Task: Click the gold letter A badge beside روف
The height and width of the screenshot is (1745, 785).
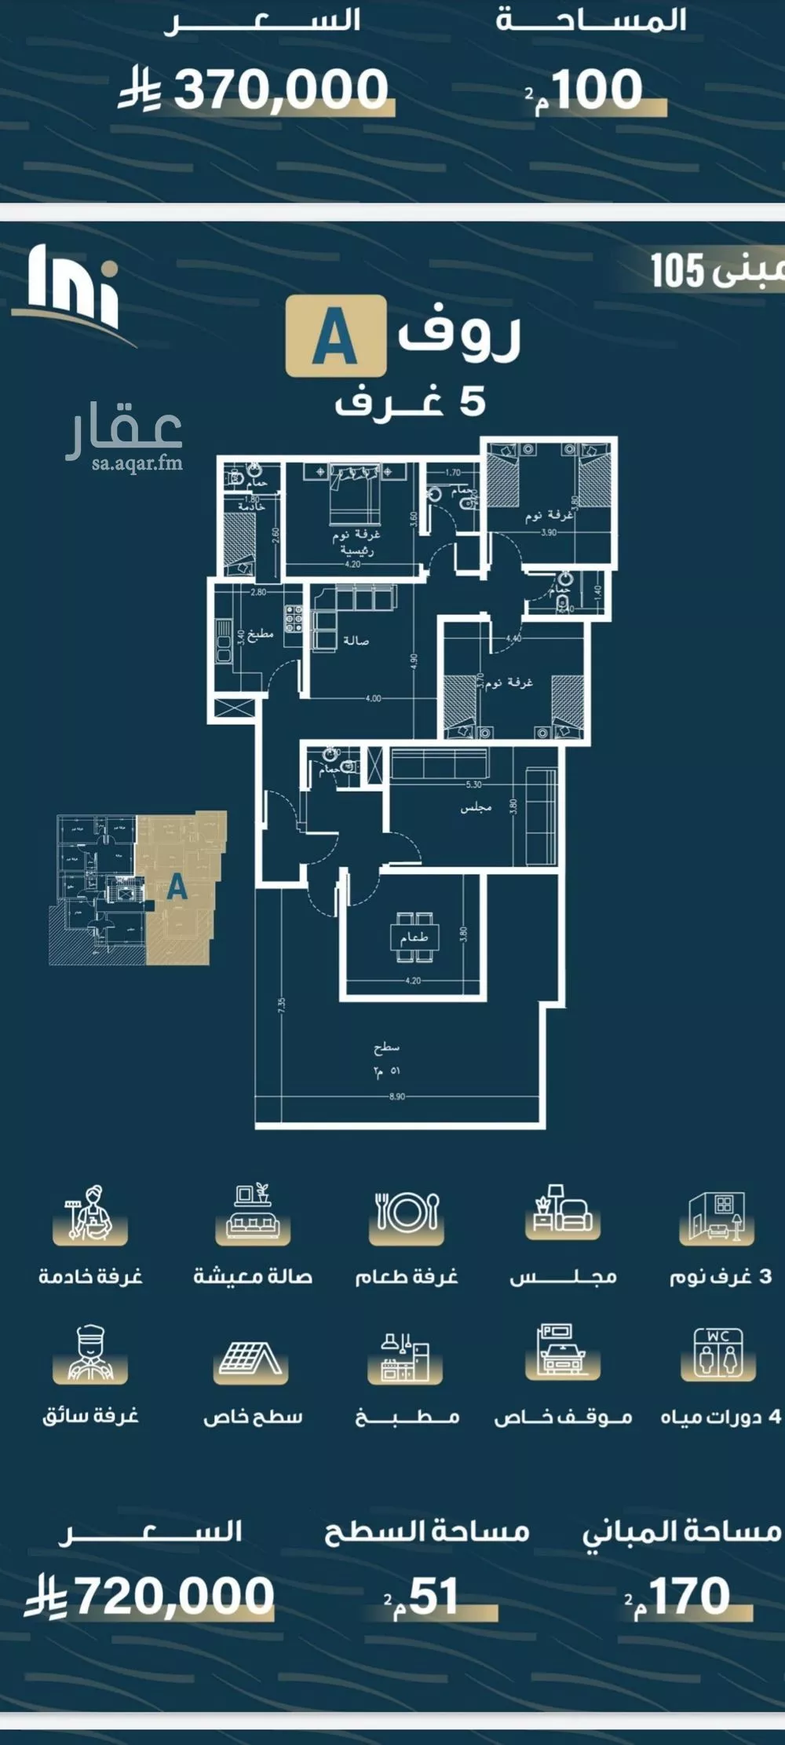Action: [335, 336]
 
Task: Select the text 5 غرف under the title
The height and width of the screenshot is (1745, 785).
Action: [411, 402]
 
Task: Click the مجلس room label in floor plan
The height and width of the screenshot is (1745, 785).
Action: [476, 807]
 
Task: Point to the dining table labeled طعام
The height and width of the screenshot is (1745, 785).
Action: [414, 936]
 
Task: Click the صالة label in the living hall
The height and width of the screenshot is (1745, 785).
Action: [356, 641]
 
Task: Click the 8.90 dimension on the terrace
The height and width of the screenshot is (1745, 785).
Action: [397, 1096]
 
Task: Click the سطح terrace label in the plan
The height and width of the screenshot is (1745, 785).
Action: [387, 1047]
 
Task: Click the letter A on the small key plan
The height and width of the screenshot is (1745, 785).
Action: [177, 887]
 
